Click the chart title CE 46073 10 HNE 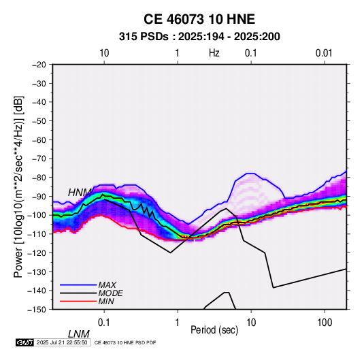[199, 19]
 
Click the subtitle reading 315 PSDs [144, 37]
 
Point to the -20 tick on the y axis [39, 65]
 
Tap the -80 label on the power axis [39, 178]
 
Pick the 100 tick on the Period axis [325, 323]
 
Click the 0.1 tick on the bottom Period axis [104, 323]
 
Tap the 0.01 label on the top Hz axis [324, 53]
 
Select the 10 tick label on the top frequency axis [104, 53]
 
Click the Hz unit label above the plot [214, 53]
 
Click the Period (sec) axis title [214, 330]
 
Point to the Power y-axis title [18, 187]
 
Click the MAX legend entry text [107, 284]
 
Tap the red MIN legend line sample [78, 301]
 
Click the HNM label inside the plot [80, 193]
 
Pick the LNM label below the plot [79, 334]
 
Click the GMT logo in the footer [25, 342]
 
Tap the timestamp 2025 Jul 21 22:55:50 [62, 342]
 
